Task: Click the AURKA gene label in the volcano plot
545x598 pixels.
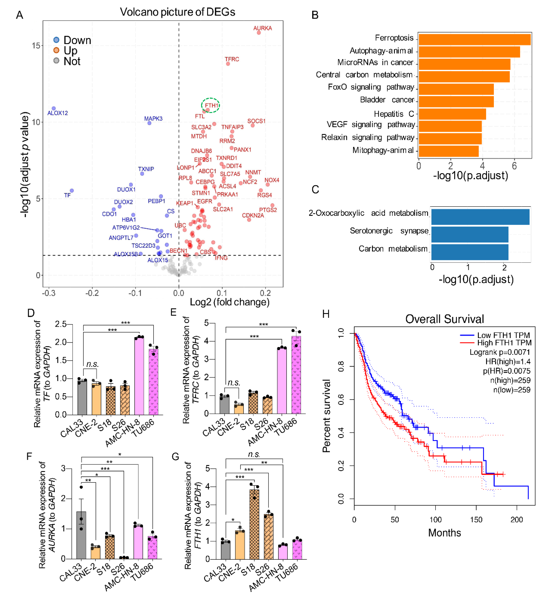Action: pos(262,28)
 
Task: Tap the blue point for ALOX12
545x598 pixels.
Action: pos(54,109)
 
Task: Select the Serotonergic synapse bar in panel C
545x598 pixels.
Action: pos(470,234)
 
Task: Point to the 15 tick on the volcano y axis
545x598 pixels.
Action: pos(36,46)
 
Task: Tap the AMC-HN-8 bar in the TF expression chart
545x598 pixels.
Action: pos(139,376)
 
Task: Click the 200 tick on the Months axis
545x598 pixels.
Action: pos(516,520)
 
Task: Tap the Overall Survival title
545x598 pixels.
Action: pos(444,319)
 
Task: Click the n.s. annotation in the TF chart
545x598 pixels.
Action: pos(92,364)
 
